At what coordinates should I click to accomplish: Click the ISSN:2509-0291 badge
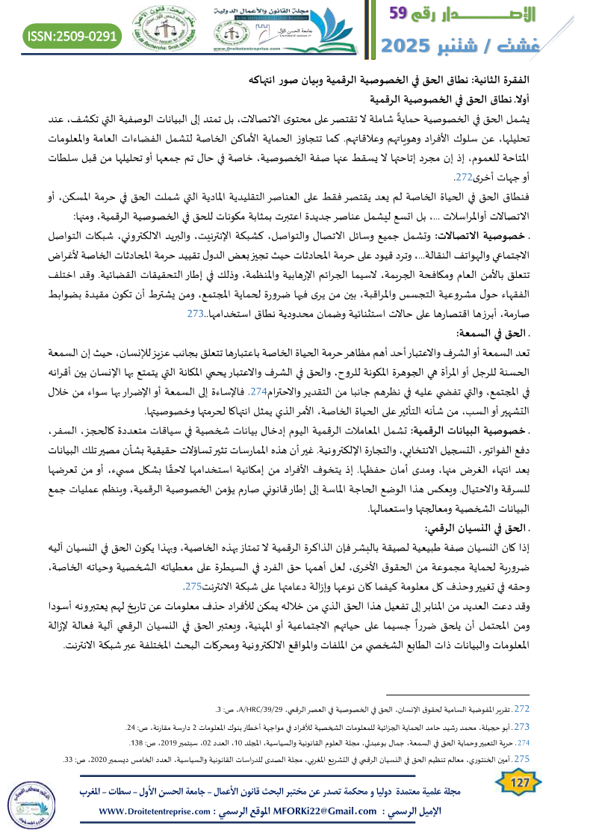click(73, 35)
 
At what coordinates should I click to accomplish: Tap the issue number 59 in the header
click(406, 14)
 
